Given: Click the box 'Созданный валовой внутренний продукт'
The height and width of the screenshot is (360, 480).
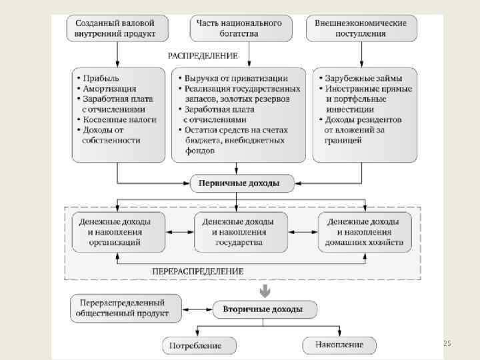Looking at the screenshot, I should (x=117, y=28).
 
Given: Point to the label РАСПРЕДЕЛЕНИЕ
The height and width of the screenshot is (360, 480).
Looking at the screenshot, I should (x=203, y=56).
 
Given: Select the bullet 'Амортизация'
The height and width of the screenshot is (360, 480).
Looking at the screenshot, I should (x=109, y=89).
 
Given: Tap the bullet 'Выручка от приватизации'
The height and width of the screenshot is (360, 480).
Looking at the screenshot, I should (x=236, y=78).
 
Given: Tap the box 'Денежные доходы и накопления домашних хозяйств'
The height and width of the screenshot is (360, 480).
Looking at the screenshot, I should (x=364, y=232).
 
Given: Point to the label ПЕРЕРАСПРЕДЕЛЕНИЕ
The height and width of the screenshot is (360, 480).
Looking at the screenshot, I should (x=198, y=271).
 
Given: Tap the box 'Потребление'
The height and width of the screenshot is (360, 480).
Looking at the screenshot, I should (x=201, y=346).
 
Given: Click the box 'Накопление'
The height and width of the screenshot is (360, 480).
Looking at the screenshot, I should (x=338, y=345).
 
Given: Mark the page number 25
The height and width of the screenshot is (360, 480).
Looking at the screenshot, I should (x=447, y=343).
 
